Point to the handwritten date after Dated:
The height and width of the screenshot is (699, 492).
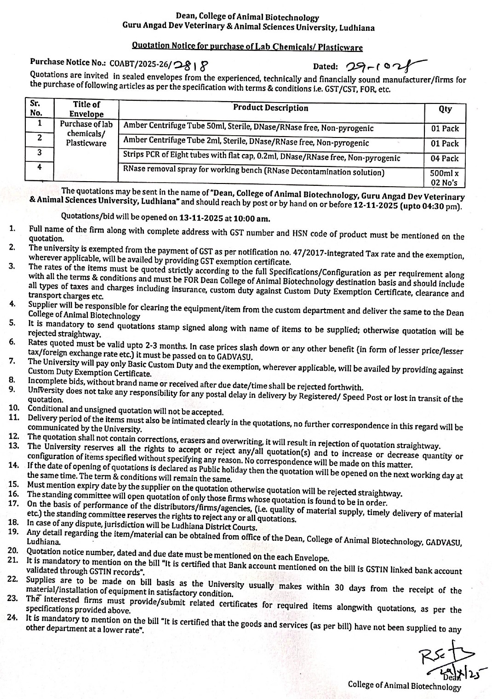pos(383,66)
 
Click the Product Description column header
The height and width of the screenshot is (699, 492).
pos(270,108)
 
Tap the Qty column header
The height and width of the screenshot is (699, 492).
pos(445,109)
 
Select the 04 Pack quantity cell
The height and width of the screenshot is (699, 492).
pos(445,158)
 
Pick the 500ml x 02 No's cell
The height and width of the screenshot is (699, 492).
pos(445,178)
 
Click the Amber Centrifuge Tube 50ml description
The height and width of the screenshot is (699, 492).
pos(248,127)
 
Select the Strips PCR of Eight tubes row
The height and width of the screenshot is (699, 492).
pos(261,157)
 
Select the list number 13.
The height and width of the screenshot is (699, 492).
pos(13,446)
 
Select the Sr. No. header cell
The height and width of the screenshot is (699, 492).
pos(36,109)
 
